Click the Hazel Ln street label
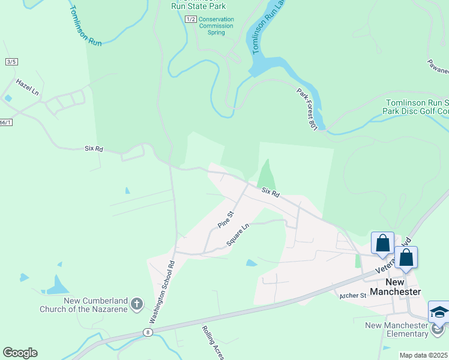click(x=27, y=88)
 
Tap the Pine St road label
click(x=225, y=219)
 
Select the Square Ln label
click(x=238, y=235)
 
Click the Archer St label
click(x=352, y=296)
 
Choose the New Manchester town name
click(x=394, y=287)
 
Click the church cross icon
click(x=136, y=304)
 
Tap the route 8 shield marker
click(x=148, y=332)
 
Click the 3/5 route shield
click(x=11, y=62)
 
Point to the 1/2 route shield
click(x=191, y=19)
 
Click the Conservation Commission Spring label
click(x=216, y=26)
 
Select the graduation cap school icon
click(x=439, y=312)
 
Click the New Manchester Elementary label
click(x=398, y=329)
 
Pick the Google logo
click(x=20, y=353)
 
